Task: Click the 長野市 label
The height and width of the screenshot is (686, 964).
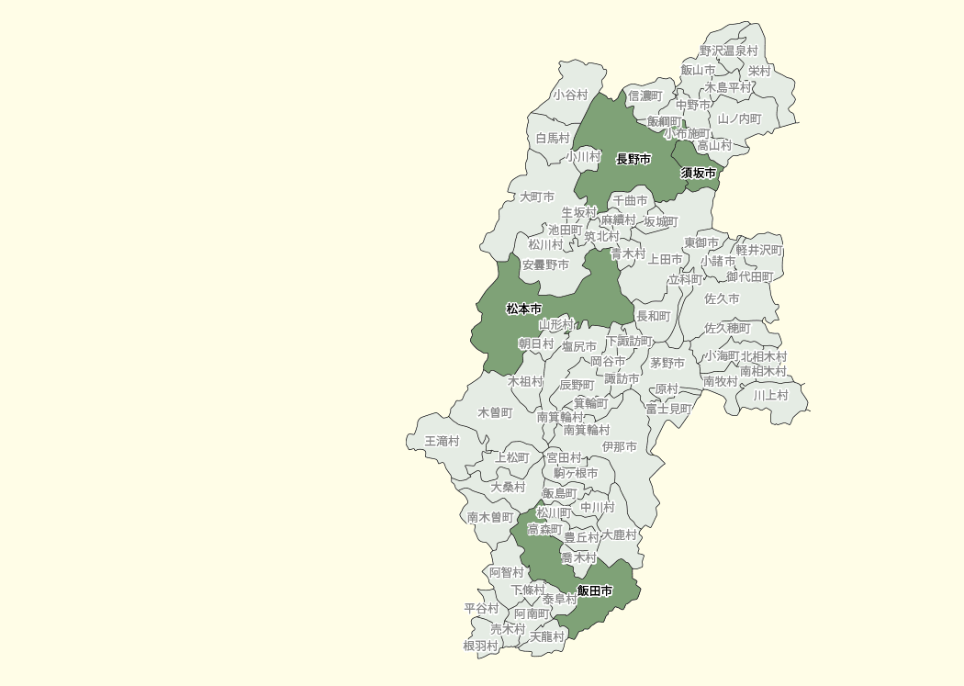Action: coord(633,160)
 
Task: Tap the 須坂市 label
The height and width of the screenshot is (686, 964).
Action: coord(698,173)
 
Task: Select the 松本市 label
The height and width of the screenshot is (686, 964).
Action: coord(523,309)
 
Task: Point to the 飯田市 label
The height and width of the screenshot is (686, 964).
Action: coord(595,591)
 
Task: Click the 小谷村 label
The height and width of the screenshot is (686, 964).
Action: coord(569,96)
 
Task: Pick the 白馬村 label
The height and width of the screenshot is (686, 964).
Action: coord(553,139)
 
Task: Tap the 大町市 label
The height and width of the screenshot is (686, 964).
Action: coord(537,197)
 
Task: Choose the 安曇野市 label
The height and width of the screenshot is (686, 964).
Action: coord(545,265)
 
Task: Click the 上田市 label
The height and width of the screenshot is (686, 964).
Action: coord(665,261)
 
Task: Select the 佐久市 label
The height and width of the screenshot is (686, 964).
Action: coord(722,299)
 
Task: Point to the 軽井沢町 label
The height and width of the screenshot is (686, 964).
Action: coord(758,250)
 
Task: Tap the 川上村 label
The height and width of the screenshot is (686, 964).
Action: coord(770,396)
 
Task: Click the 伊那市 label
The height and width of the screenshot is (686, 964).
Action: coord(619,447)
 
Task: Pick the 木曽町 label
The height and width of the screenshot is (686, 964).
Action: coord(495,413)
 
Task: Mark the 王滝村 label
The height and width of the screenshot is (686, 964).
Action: coord(442,442)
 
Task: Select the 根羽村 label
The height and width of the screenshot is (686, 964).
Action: coord(480,647)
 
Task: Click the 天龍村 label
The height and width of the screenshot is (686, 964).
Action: coord(547,637)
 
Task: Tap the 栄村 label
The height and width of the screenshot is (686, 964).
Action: coord(759,71)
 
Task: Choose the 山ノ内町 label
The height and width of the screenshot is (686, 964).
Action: coord(739,119)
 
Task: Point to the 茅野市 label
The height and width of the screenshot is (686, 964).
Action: coord(667,364)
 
